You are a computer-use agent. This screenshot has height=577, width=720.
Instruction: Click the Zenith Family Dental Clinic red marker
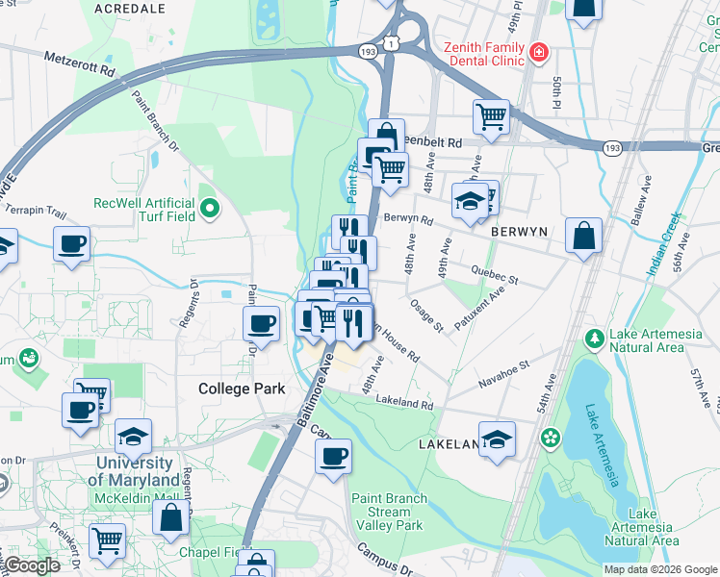pyautogui.click(x=539, y=50)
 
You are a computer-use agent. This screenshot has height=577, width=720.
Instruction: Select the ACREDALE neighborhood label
pyautogui.click(x=130, y=8)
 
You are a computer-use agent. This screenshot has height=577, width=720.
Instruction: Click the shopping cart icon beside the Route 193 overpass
pyautogui.click(x=491, y=116)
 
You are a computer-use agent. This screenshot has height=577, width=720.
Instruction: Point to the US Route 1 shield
pyautogui.click(x=390, y=42)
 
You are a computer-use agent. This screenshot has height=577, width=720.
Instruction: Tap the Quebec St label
pyautogui.click(x=494, y=276)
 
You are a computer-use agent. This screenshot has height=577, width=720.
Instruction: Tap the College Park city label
pyautogui.click(x=242, y=389)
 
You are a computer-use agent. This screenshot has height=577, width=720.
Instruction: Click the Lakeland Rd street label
pyautogui.click(x=405, y=400)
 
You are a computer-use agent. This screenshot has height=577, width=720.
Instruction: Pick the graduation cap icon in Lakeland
pyautogui.click(x=497, y=439)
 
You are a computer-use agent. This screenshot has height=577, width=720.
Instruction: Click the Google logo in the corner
pyautogui.click(x=32, y=565)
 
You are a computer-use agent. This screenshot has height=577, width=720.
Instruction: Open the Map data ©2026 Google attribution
pyautogui.click(x=659, y=569)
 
